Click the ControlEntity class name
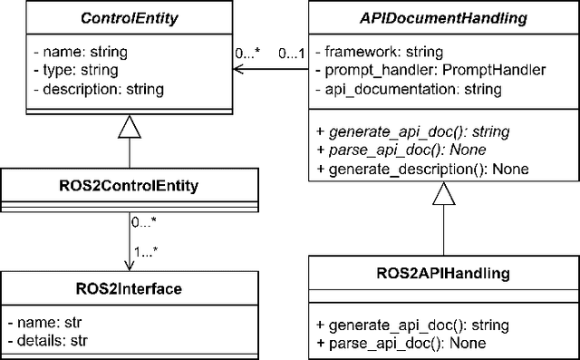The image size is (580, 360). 129,17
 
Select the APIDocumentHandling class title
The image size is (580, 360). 444,17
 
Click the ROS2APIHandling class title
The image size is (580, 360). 444,271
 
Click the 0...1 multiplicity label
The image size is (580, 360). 291,54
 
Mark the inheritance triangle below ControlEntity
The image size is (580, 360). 129,135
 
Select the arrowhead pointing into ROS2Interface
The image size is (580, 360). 129,264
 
